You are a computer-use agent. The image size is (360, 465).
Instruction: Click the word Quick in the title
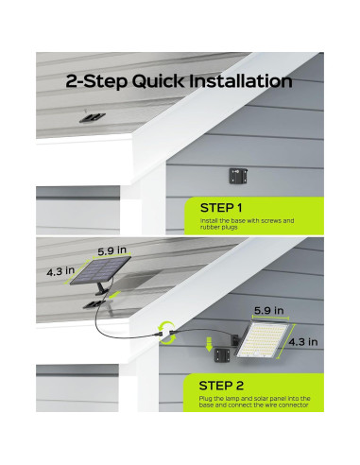[x=158, y=81]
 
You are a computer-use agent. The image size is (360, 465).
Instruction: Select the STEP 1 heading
[x=221, y=208]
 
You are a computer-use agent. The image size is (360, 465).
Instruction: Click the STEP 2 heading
[x=221, y=386]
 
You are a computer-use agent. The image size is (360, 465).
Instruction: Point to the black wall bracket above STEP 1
[x=238, y=176]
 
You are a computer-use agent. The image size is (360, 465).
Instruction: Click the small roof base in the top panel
[x=92, y=117]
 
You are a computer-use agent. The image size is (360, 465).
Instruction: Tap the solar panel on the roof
[x=100, y=270]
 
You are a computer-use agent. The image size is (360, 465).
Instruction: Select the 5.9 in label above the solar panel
[x=111, y=250]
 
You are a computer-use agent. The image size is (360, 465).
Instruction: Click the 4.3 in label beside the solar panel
[x=60, y=271]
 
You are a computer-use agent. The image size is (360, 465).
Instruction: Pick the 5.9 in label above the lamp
[x=269, y=311]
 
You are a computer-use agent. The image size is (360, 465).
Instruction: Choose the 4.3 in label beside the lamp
[x=303, y=342]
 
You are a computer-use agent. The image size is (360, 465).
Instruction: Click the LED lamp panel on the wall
[x=263, y=340]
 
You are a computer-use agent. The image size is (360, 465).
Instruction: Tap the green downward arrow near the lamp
[x=209, y=344]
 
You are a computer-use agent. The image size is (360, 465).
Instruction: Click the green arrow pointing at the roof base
[x=114, y=295]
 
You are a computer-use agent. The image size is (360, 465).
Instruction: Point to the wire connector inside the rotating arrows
[x=166, y=333]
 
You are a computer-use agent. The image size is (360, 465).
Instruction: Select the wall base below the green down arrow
[x=222, y=355]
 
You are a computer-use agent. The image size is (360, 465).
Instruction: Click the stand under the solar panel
[x=102, y=288]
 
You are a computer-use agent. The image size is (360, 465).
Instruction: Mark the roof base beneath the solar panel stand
[x=94, y=304]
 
